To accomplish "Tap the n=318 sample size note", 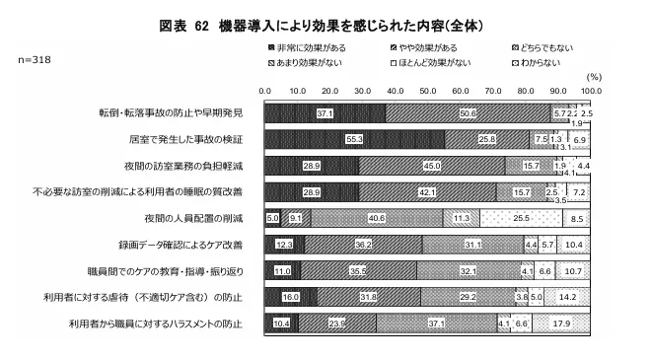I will click(36, 59).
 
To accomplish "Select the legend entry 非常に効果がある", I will click(306, 46).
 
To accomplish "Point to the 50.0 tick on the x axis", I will click(427, 90).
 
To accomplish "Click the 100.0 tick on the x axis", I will click(590, 90).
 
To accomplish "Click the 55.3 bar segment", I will click(354, 140).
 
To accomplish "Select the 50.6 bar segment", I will click(468, 114).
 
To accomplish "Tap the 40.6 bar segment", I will click(376, 217).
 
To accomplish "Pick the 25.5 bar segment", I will click(522, 217).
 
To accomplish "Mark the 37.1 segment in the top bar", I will click(325, 114).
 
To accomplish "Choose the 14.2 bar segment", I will click(567, 295).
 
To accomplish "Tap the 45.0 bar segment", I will click(432, 166).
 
